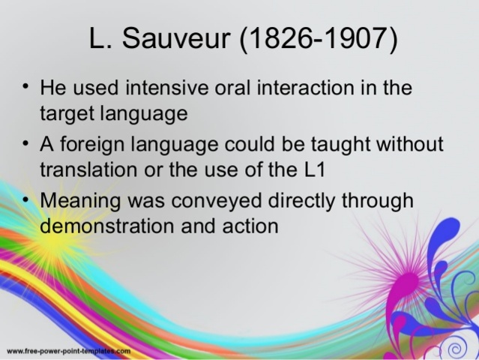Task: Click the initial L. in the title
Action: tap(99, 40)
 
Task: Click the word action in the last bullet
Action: tap(250, 225)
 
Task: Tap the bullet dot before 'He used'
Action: tap(26, 86)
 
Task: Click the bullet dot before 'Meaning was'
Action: tap(26, 199)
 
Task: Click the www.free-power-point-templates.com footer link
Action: tap(69, 350)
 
